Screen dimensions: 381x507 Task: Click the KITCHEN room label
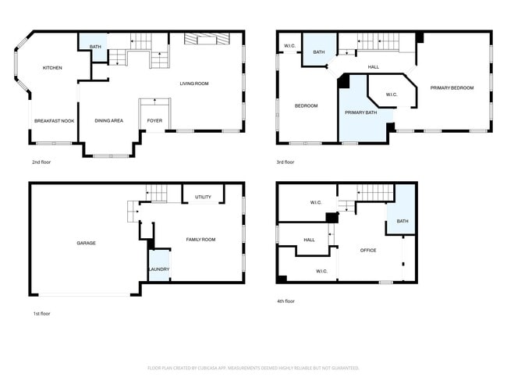tap(52, 68)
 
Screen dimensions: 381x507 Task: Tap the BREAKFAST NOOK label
tap(54, 121)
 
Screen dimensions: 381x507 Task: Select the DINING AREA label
tap(109, 121)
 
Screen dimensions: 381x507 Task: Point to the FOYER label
tap(155, 121)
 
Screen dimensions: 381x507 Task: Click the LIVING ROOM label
tap(194, 84)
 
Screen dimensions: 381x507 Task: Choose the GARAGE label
tap(86, 243)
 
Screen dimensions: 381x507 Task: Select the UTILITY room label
tap(204, 197)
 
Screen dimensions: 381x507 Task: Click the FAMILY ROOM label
tap(200, 240)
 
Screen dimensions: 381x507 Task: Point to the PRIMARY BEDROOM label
tap(452, 88)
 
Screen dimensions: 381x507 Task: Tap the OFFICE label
tap(368, 251)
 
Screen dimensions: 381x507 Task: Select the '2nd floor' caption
tap(42, 162)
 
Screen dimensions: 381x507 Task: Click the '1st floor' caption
tap(41, 312)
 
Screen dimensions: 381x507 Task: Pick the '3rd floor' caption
tap(285, 162)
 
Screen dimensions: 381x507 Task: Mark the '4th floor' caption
tap(285, 301)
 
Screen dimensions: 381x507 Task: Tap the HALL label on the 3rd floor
tap(374, 67)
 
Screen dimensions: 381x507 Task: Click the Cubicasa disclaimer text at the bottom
tap(253, 368)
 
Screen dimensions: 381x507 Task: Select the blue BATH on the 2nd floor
tap(95, 47)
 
